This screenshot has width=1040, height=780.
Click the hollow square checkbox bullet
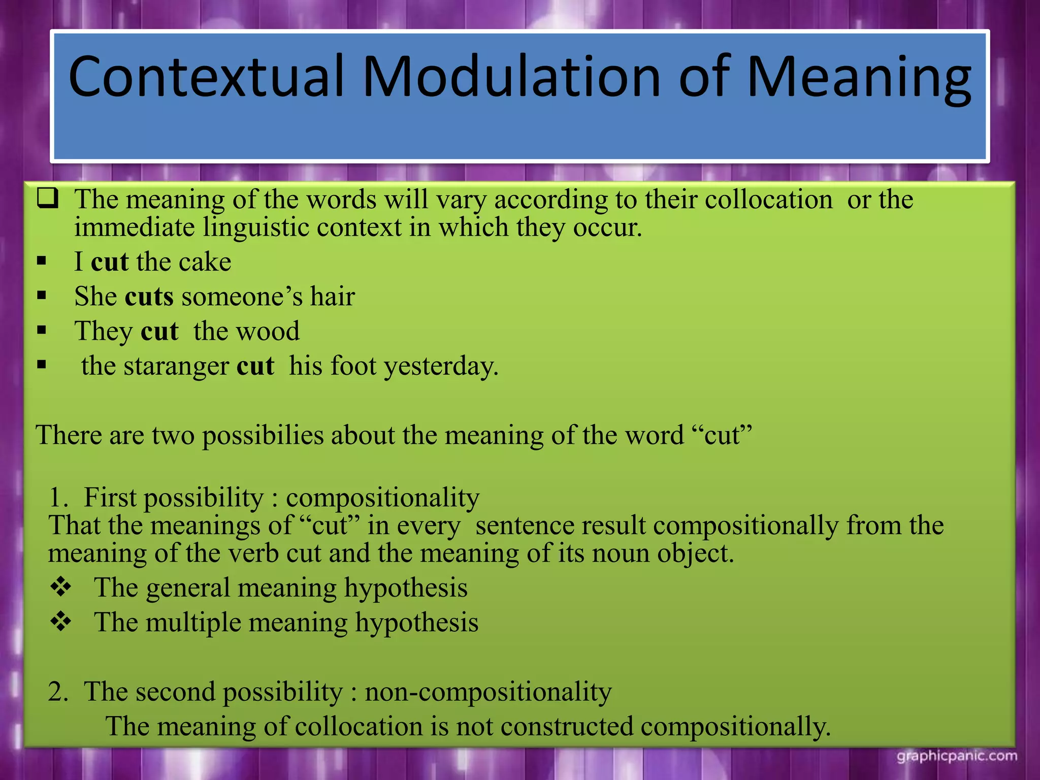(x=48, y=198)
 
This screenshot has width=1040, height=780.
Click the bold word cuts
(x=149, y=297)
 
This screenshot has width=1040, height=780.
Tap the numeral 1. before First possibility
(x=58, y=498)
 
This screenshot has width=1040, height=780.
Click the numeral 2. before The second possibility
(x=58, y=692)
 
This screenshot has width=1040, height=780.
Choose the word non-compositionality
(x=488, y=692)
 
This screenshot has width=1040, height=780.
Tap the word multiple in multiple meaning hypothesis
(x=193, y=623)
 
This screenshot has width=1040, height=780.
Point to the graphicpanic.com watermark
(x=957, y=756)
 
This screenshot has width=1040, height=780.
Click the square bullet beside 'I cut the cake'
(x=42, y=262)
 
